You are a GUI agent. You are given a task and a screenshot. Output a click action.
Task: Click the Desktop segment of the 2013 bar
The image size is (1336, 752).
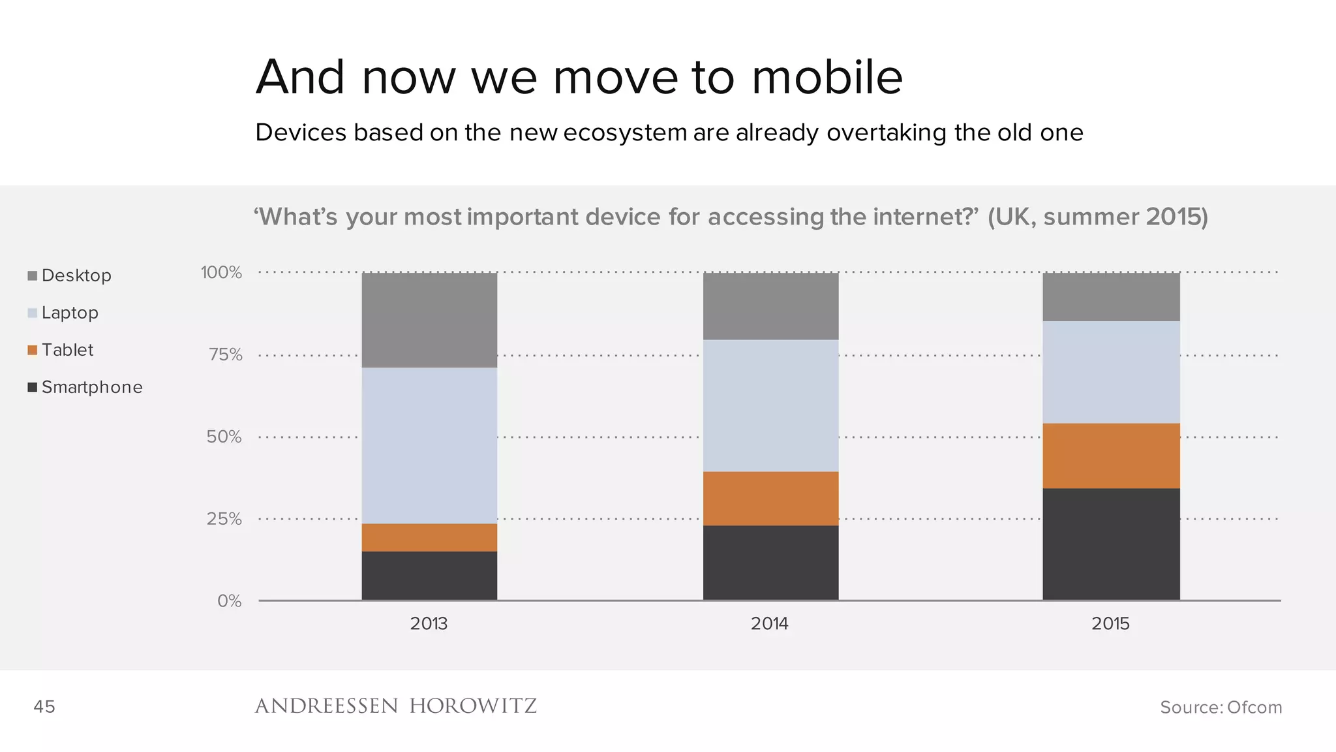pyautogui.click(x=429, y=320)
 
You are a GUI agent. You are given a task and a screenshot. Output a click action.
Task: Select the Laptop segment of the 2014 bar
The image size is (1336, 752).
pyautogui.click(x=770, y=405)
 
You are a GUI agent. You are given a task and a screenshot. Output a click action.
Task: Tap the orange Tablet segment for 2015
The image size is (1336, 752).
pyautogui.click(x=1111, y=456)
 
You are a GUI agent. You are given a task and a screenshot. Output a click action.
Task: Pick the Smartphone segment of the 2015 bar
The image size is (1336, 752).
pyautogui.click(x=1111, y=544)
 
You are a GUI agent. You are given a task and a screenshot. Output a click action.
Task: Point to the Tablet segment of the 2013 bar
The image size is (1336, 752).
pyautogui.click(x=429, y=537)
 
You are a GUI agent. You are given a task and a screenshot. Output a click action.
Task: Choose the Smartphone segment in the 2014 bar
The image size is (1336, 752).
pyautogui.click(x=770, y=562)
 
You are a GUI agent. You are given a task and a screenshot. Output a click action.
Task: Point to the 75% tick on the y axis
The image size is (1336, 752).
pyautogui.click(x=225, y=354)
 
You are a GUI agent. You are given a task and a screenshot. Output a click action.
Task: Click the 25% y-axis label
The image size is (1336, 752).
pyautogui.click(x=224, y=519)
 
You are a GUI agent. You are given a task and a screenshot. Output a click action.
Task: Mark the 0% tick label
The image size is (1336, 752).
pyautogui.click(x=229, y=601)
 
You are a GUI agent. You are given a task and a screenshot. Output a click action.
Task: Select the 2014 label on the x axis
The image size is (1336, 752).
pyautogui.click(x=770, y=623)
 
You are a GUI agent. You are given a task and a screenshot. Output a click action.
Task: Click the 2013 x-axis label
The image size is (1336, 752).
pyautogui.click(x=429, y=623)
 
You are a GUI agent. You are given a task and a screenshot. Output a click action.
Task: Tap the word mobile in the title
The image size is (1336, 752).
pyautogui.click(x=827, y=77)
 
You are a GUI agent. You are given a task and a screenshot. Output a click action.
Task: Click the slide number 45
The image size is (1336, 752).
pyautogui.click(x=44, y=706)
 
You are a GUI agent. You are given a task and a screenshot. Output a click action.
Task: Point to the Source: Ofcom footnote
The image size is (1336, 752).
pyautogui.click(x=1221, y=707)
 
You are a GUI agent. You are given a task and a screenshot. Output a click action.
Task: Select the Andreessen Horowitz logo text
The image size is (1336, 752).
pyautogui.click(x=395, y=706)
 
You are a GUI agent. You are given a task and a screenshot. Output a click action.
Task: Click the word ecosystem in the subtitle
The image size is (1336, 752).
pyautogui.click(x=624, y=133)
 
